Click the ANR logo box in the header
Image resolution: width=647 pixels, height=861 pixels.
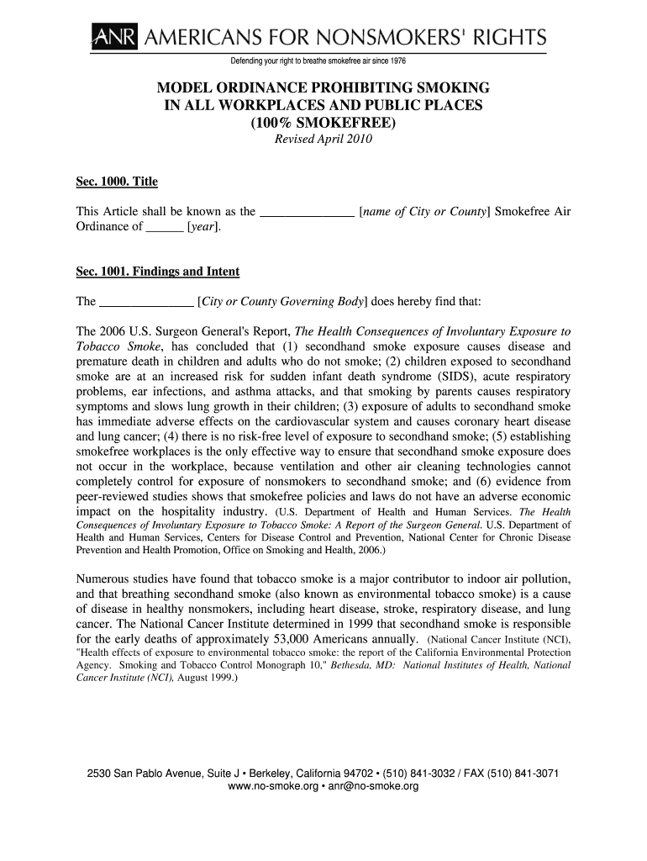coord(103,38)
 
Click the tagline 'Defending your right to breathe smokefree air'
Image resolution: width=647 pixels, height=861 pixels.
coord(318,61)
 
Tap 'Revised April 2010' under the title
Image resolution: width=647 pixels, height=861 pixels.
coord(323,139)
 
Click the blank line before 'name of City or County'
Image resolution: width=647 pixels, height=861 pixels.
coord(308,213)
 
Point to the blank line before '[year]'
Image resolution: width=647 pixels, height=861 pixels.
coord(164,228)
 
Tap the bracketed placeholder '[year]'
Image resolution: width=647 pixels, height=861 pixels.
coord(205,226)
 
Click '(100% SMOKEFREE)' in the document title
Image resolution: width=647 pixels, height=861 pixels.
coord(323,123)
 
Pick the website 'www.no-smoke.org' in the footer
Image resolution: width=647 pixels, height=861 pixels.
coord(273,787)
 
